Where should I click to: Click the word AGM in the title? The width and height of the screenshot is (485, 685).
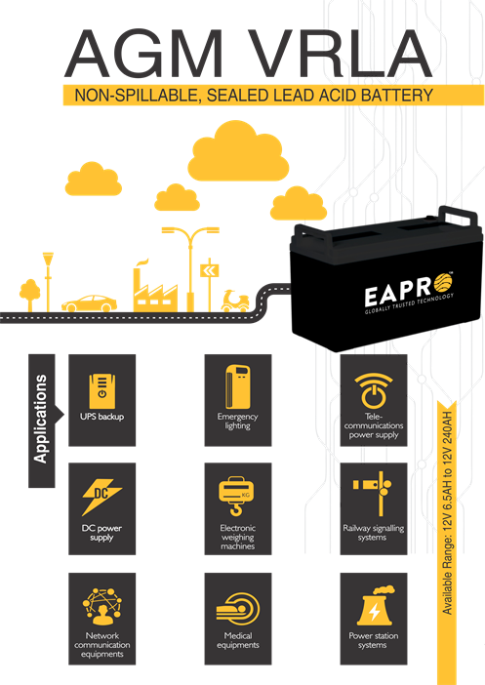(x=143, y=54)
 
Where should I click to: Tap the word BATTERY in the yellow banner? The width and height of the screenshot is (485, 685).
(x=397, y=96)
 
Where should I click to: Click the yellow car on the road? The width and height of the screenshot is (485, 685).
(x=89, y=302)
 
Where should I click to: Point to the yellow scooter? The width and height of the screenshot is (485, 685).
(x=235, y=301)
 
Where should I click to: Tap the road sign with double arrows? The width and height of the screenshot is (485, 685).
(x=209, y=271)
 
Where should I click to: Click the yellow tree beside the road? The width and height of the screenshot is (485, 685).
(x=29, y=295)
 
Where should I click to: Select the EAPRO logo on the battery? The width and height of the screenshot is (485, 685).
(x=409, y=293)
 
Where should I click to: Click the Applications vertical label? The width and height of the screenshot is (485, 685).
(x=40, y=419)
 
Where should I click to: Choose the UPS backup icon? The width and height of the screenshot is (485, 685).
(x=102, y=390)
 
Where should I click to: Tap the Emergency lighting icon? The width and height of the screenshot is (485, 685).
(x=238, y=387)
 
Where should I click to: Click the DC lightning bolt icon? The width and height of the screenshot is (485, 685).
(x=101, y=497)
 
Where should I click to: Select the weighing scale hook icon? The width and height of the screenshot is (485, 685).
(x=236, y=497)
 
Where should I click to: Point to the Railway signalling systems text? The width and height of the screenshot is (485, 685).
(x=373, y=533)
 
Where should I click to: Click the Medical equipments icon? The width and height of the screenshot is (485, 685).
(x=238, y=609)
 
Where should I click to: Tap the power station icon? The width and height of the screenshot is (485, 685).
(x=375, y=606)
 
